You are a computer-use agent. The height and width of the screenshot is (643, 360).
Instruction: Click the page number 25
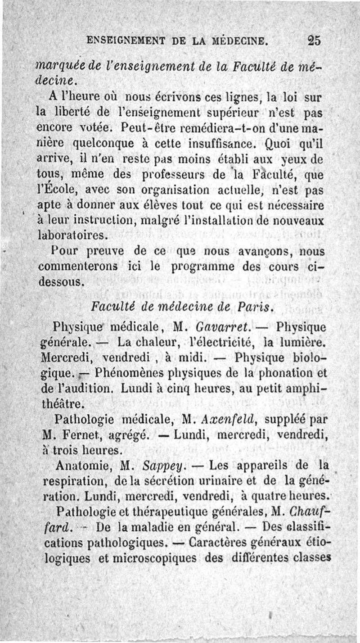[314, 41]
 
